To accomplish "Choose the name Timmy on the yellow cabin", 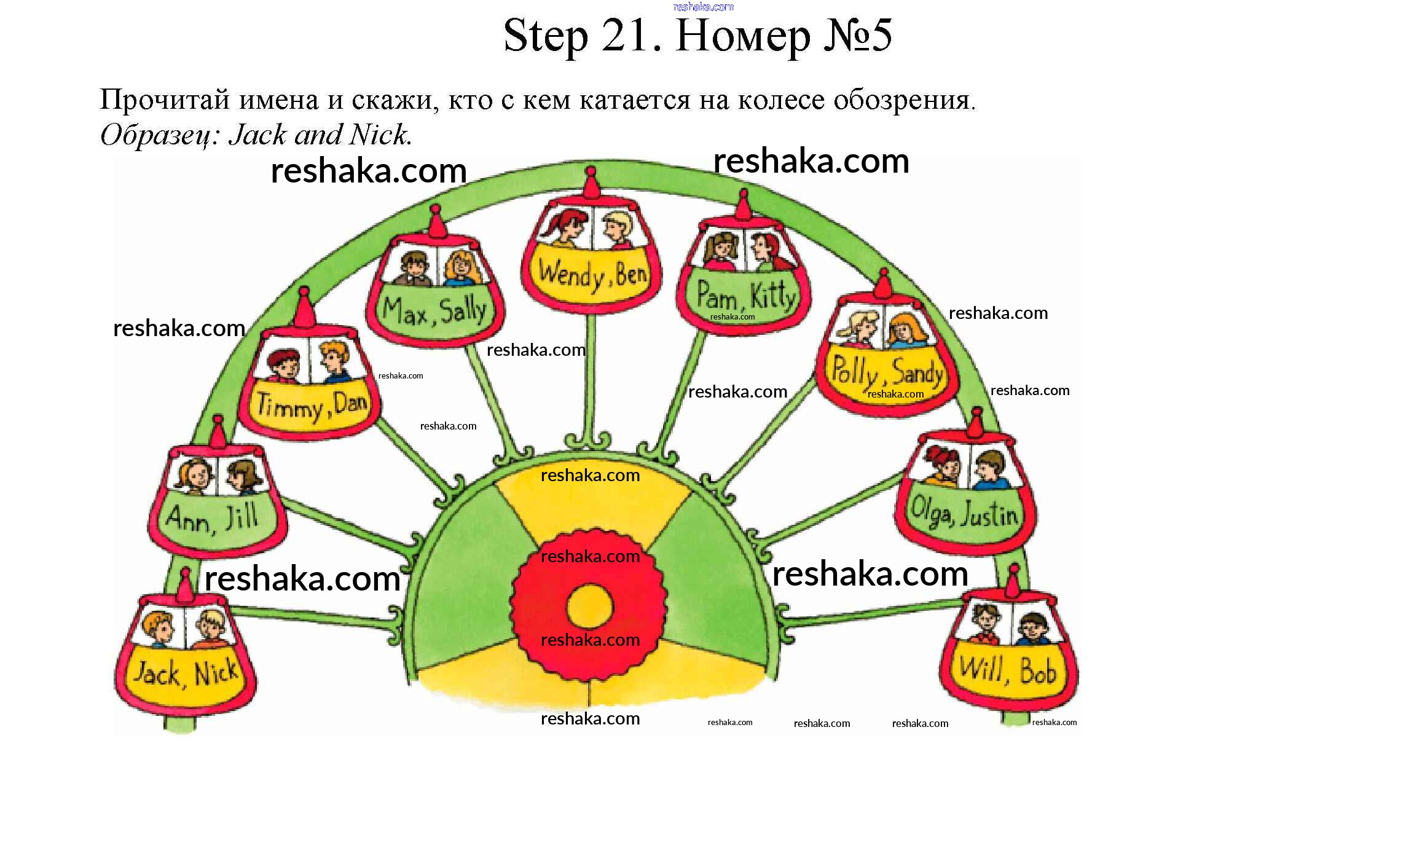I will [289, 407].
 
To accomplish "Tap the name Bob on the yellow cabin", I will [1038, 670].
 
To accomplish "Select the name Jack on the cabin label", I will [157, 673].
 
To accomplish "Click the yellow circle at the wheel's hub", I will [589, 607].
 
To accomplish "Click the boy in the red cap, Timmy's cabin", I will [283, 365].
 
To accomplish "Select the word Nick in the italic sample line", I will [379, 135].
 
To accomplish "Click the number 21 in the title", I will [629, 35].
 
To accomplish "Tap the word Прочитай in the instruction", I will [165, 100].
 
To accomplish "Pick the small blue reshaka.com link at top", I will [703, 7].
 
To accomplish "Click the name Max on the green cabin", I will [405, 312].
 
